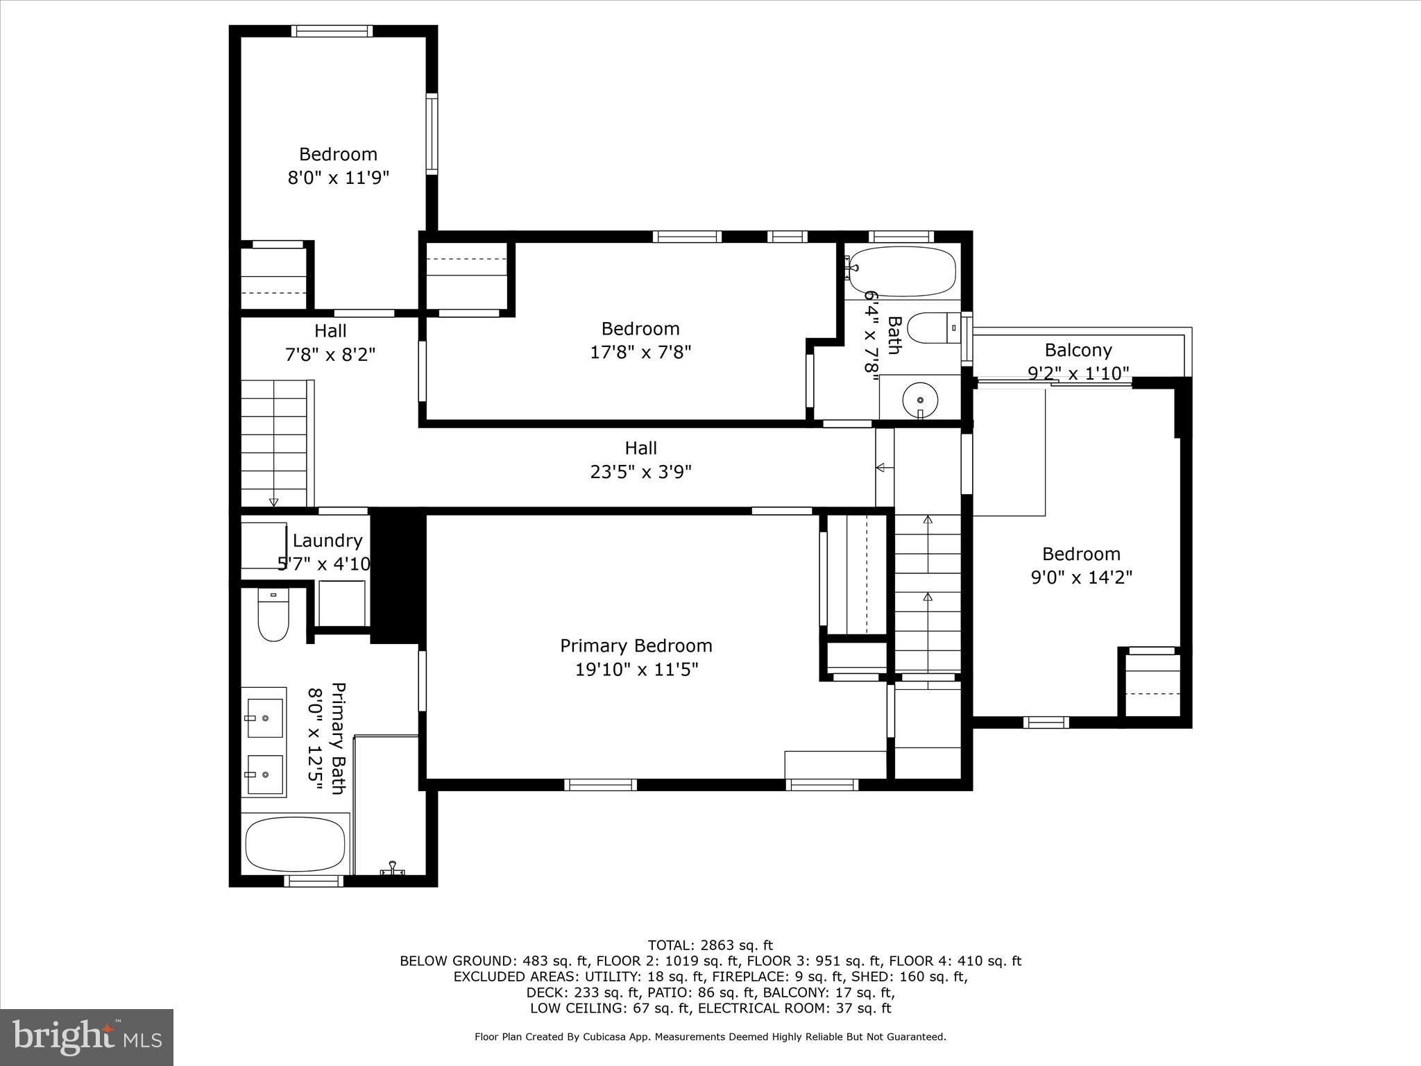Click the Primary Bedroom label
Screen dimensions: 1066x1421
point(636,645)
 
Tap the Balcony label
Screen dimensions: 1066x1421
point(1078,350)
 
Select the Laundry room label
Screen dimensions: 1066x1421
point(327,541)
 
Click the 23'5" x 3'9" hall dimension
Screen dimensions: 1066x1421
point(640,472)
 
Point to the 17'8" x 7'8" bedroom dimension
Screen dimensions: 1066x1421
point(640,352)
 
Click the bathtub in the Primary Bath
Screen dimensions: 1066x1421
point(296,844)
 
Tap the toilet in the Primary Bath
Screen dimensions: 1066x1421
point(273,615)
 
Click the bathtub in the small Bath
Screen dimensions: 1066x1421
point(903,271)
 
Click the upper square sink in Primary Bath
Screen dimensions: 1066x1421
point(264,718)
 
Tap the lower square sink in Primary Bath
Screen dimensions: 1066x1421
point(264,775)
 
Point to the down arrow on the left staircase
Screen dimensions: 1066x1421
point(273,501)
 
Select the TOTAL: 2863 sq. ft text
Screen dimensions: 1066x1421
point(710,945)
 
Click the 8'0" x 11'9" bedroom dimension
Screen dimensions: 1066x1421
point(338,178)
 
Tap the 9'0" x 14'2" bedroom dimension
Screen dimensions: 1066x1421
point(1081,577)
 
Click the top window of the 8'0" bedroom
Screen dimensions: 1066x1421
point(332,31)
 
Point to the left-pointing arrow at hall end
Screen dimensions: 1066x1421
point(883,468)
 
